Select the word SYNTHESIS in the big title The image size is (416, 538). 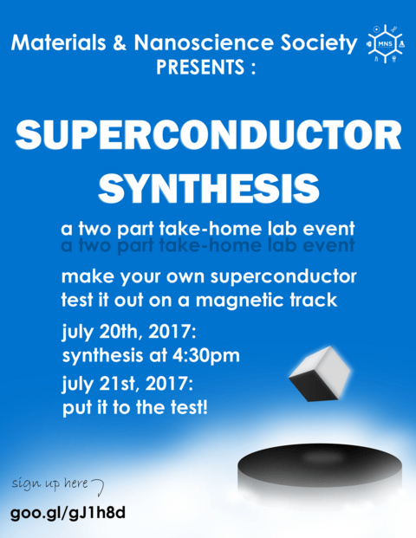click(x=208, y=185)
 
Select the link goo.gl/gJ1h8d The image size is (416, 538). click(x=68, y=512)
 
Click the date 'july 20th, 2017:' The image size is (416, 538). click(x=130, y=332)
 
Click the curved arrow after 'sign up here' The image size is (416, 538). click(x=99, y=483)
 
